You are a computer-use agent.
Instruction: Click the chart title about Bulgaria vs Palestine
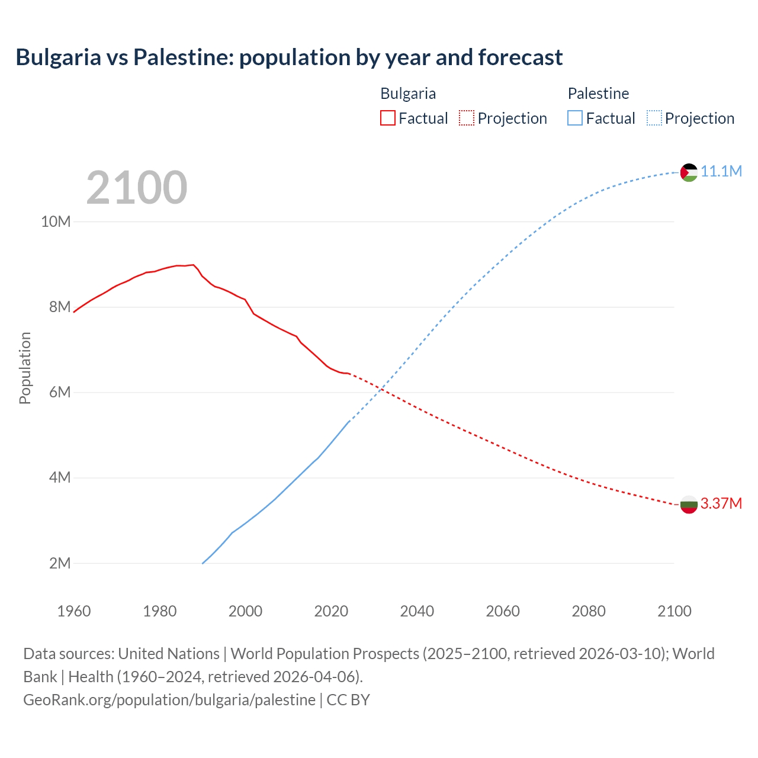point(289,57)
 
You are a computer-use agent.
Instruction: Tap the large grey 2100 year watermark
point(137,188)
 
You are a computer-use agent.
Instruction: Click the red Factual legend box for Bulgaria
point(387,118)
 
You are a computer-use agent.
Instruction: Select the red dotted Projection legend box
point(467,118)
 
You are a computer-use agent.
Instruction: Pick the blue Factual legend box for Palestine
point(574,118)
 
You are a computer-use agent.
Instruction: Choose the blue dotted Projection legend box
point(654,118)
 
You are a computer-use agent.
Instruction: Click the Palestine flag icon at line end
point(689,172)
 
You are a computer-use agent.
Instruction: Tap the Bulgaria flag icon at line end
point(689,505)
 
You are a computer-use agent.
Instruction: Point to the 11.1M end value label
point(721,171)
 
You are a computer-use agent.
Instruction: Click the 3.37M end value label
point(721,503)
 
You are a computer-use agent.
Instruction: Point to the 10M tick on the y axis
point(56,221)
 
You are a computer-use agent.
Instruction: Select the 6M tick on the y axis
point(59,392)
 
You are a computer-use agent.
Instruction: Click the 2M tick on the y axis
point(59,563)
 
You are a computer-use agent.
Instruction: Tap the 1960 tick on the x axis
point(74,611)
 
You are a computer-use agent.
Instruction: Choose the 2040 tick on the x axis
point(417,611)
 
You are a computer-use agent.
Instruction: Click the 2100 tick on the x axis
point(674,611)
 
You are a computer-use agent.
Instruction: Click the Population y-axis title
point(25,368)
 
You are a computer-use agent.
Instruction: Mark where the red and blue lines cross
point(383,389)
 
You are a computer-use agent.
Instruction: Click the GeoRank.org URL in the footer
point(169,700)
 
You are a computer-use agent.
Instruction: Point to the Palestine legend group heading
point(598,94)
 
